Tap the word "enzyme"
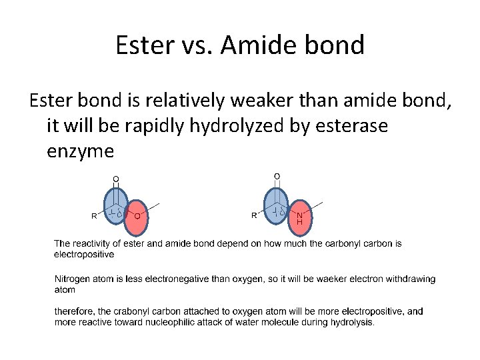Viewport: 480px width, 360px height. coord(81,151)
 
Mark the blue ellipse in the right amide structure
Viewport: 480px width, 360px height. coord(277,207)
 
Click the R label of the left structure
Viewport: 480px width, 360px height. coord(94,216)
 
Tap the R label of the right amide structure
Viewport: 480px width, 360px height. coord(254,216)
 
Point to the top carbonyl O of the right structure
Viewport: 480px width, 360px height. coord(277,175)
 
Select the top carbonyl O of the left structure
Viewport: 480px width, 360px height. coord(115,178)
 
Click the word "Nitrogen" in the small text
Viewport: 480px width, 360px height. coord(73,279)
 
